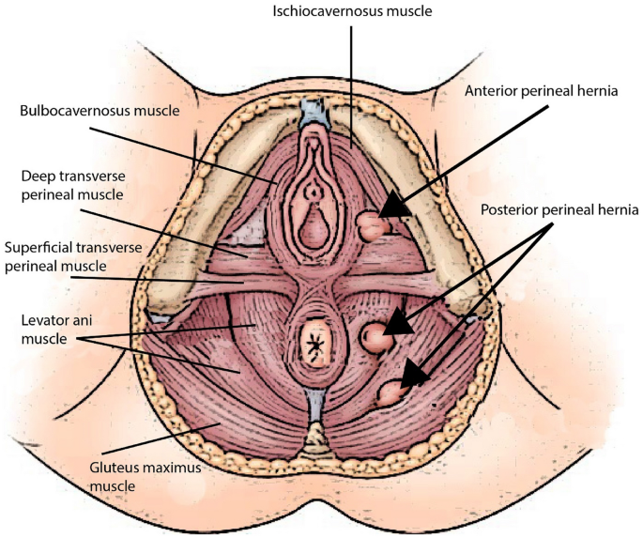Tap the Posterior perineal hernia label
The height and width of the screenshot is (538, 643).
(559, 209)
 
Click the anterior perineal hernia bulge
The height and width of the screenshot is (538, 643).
(370, 225)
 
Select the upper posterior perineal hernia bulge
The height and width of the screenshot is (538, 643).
(375, 334)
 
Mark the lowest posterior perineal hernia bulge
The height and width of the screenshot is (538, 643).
(387, 392)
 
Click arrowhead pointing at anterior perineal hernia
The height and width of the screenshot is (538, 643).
(394, 206)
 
